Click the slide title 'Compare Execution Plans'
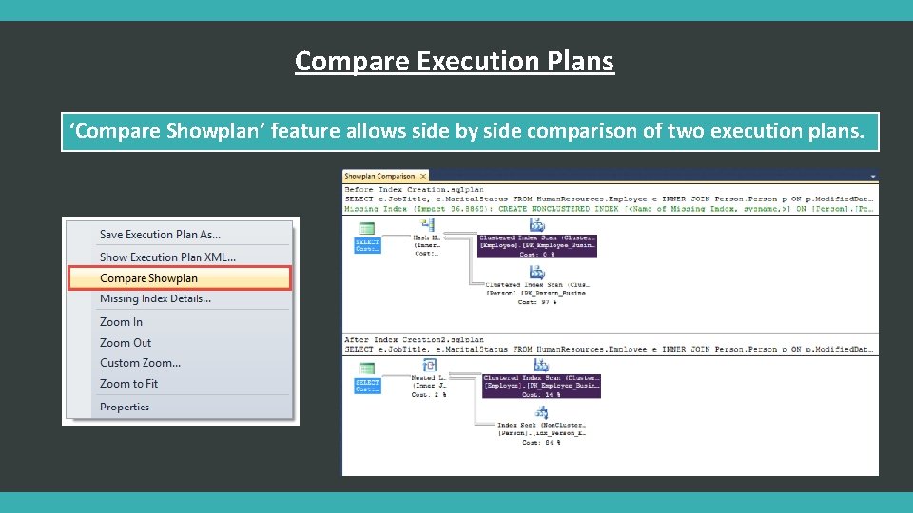[x=455, y=61]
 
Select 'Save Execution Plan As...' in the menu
[x=160, y=235]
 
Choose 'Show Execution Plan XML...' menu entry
[x=167, y=256]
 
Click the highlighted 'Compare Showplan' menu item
[x=149, y=278]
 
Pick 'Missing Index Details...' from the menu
[x=155, y=298]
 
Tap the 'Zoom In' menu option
[x=121, y=322]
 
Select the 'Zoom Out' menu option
[x=126, y=343]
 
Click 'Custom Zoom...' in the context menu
[x=140, y=363]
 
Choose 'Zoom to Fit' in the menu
[x=128, y=384]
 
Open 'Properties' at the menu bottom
[x=125, y=407]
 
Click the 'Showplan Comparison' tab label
[x=379, y=176]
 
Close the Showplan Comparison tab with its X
[x=423, y=176]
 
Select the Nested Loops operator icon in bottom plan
[x=429, y=366]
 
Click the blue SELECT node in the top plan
[x=367, y=244]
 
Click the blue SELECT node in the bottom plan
[x=367, y=385]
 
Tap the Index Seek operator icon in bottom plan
[x=541, y=412]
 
